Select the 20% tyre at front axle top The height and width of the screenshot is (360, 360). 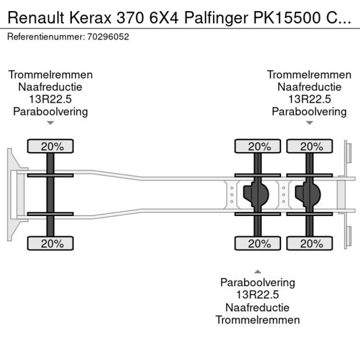pos(52,146)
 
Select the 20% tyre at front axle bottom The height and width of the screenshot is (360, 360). pos(52,244)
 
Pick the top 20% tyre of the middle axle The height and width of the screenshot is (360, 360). pos(259,146)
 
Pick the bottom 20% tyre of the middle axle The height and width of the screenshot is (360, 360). pos(259,244)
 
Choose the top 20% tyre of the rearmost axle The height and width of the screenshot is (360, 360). pos(310,146)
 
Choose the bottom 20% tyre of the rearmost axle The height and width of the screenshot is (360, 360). pos(310,244)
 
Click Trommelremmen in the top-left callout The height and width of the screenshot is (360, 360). pos(51,75)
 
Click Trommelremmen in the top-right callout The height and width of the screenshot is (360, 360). pos(309,75)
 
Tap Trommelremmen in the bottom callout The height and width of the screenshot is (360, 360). pos(258,320)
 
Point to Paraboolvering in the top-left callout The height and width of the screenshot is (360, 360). pos(51,111)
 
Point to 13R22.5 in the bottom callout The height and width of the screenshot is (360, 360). pos(258,295)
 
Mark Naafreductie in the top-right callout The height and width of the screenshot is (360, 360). pos(309,87)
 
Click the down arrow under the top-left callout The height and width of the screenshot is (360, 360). pos(51,123)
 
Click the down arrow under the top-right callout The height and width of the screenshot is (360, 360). pos(309,123)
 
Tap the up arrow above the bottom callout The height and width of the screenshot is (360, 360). pos(258,271)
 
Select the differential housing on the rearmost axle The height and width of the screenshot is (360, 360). pos(308,195)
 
